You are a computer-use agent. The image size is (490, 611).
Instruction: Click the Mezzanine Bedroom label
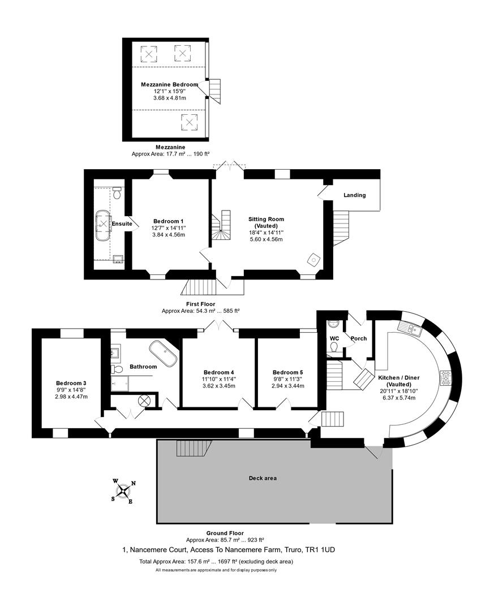pos(169,84)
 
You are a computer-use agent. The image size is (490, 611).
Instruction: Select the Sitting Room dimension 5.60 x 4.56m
pos(266,239)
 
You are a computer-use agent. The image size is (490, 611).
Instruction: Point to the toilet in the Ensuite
pos(117,193)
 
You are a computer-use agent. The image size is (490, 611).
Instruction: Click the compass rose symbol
pos(123,490)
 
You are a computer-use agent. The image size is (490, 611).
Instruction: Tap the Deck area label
pos(263,478)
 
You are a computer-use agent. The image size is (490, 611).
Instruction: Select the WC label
pos(334,338)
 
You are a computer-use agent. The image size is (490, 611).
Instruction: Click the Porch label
pos(359,338)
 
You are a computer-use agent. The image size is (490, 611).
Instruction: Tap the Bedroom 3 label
pos(71,382)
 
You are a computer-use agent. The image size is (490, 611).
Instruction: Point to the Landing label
pos(355,195)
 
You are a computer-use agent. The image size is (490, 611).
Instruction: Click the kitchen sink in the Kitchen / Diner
pos(409,328)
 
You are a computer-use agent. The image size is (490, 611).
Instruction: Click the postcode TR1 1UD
pos(323,549)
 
